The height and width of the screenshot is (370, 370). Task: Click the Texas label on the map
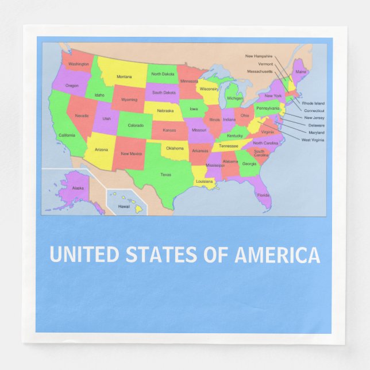(165, 174)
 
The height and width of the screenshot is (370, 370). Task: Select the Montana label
(124, 76)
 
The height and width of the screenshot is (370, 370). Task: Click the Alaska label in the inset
(78, 188)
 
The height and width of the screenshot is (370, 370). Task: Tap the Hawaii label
(124, 206)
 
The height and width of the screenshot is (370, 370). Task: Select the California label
(67, 136)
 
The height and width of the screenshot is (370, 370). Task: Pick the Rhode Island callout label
(313, 103)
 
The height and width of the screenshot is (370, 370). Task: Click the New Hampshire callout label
(259, 56)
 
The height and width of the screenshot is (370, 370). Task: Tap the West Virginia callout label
(313, 140)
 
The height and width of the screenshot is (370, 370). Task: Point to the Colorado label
(136, 125)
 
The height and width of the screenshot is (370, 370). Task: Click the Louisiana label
(205, 181)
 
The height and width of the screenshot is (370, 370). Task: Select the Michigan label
(234, 98)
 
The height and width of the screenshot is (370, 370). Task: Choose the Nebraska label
(165, 110)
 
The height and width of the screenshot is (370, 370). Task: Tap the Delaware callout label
(316, 125)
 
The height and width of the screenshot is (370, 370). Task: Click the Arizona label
(101, 149)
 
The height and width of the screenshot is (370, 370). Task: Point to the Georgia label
(249, 164)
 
